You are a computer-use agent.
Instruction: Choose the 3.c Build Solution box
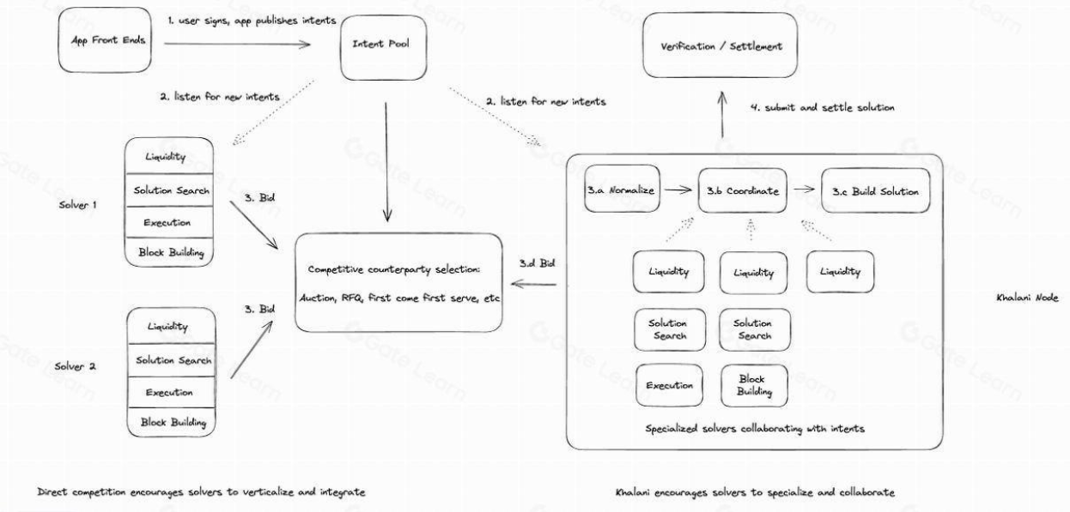point(875,190)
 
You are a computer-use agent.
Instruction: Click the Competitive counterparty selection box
point(398,283)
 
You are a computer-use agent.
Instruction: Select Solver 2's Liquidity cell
point(168,326)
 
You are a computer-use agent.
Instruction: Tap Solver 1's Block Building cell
point(168,252)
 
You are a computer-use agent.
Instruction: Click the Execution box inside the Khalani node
point(670,385)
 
